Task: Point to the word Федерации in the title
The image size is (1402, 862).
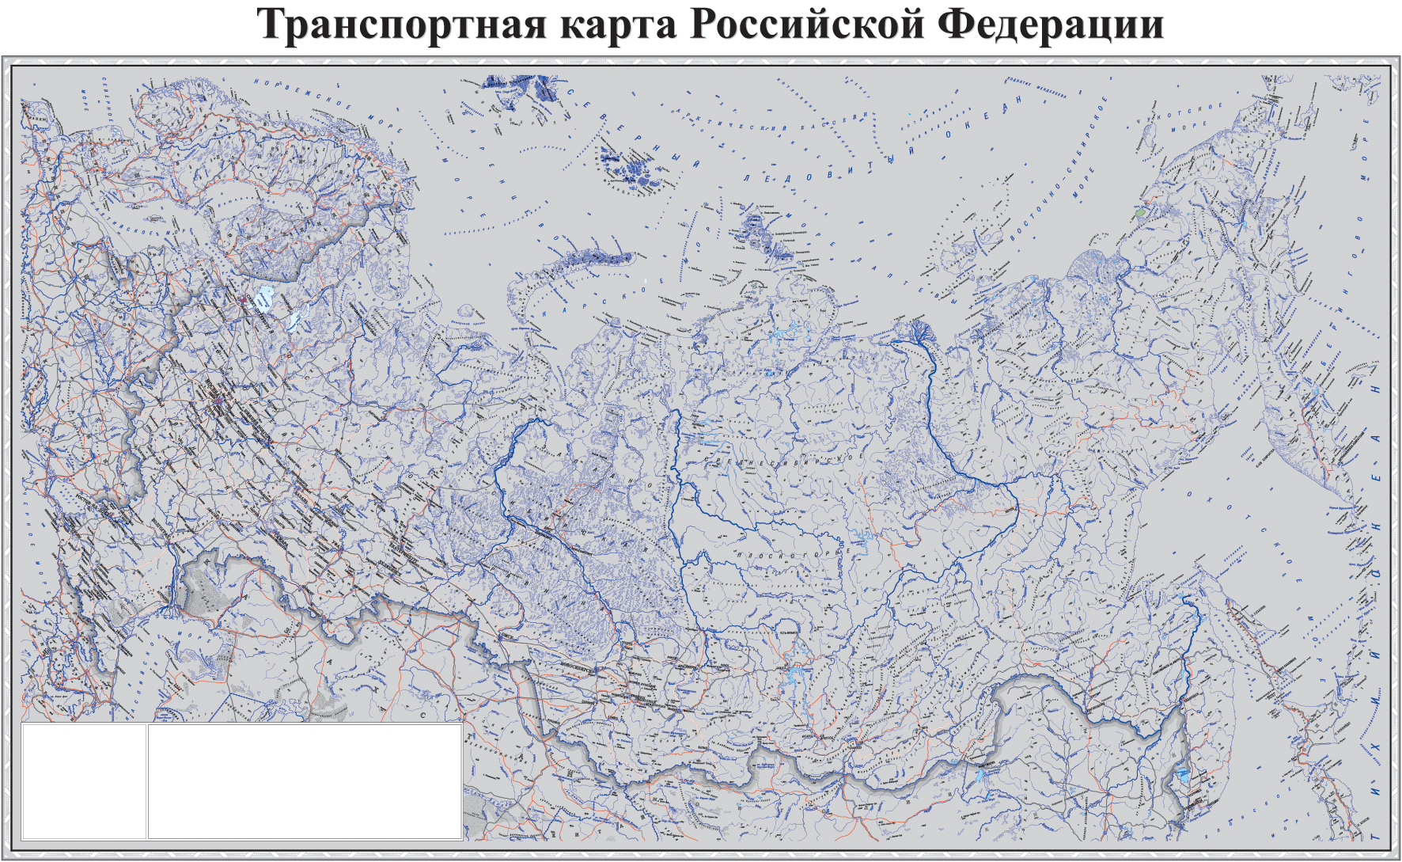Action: pos(1051,25)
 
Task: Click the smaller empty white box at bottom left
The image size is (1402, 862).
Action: pos(84,780)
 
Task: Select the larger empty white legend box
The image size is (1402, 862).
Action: pos(305,780)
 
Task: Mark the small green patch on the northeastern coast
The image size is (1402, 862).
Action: pos(1139,213)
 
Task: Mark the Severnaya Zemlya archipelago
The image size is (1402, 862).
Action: pos(764,234)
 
